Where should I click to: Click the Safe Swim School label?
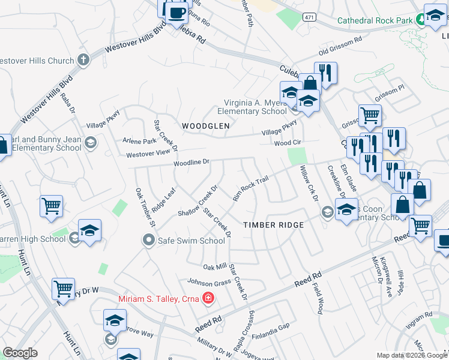coord(191,241)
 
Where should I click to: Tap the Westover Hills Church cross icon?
coord(83,61)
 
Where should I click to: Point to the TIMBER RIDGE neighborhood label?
coord(273,225)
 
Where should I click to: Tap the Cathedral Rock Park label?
coord(375,20)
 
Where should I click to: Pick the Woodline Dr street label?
coord(191,162)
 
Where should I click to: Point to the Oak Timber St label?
coord(145,207)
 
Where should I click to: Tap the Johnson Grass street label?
coord(209,281)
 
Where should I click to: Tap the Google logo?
coord(20,353)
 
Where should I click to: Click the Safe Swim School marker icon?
coord(148,241)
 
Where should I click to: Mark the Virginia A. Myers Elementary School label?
coord(252,107)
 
